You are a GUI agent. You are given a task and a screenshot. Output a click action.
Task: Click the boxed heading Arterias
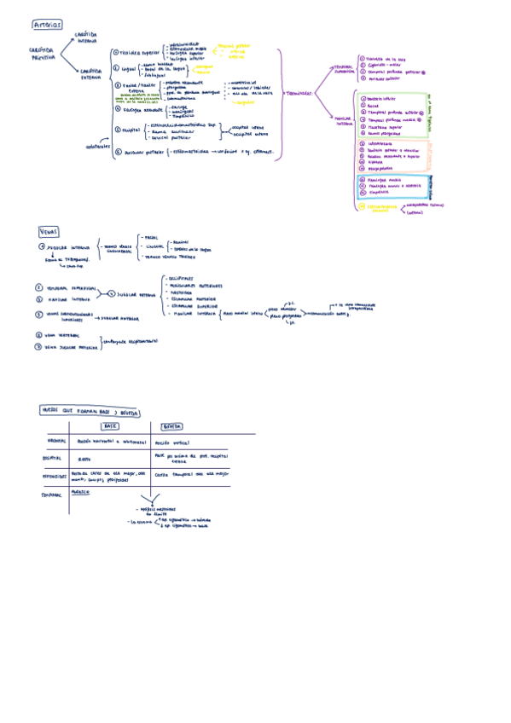pos(45,26)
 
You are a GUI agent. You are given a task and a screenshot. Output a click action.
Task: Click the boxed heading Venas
pos(49,231)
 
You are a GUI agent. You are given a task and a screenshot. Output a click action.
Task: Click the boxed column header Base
pos(110,425)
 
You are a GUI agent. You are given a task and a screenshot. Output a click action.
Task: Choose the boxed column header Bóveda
pos(171,425)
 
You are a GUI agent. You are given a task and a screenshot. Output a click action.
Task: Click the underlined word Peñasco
pos(81,492)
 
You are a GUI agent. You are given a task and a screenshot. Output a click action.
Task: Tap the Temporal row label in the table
pos(53,494)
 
